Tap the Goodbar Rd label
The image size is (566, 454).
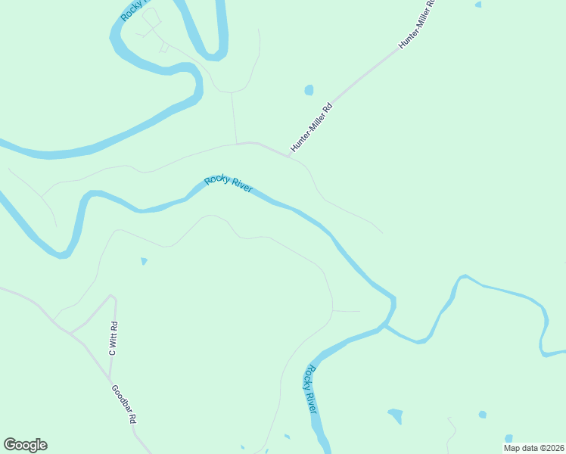(x=123, y=404)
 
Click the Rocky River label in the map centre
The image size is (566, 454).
(x=228, y=184)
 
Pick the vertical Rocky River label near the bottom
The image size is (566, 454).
(x=310, y=389)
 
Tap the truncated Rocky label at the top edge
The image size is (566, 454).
(x=133, y=11)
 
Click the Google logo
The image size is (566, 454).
(x=25, y=445)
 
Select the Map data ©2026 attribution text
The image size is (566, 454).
(x=533, y=448)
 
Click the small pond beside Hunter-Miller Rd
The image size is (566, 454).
(x=309, y=90)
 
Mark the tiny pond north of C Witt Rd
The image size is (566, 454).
(x=144, y=262)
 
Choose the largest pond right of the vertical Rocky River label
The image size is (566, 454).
(x=395, y=415)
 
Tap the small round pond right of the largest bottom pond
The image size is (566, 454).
(x=482, y=415)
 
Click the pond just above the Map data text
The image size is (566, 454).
(x=508, y=438)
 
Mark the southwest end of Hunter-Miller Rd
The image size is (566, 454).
(x=289, y=156)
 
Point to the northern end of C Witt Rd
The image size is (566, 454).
(x=114, y=297)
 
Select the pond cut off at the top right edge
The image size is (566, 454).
(x=477, y=5)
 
